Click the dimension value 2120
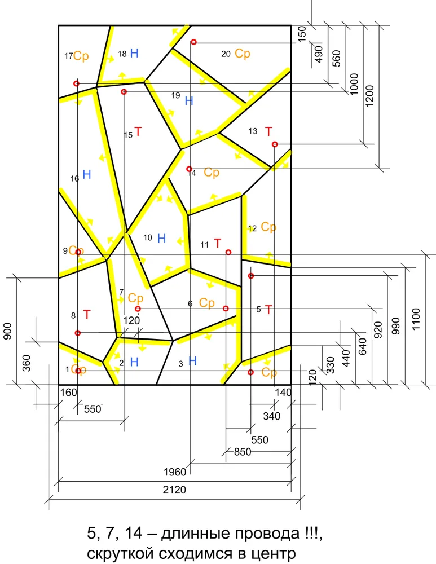(x=174, y=490)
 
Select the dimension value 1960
(x=175, y=472)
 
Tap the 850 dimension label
(x=243, y=451)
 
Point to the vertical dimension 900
(x=8, y=331)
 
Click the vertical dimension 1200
(x=369, y=96)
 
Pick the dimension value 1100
(x=416, y=319)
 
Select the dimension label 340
(x=272, y=416)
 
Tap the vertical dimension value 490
(x=319, y=54)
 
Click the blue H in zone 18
(x=134, y=53)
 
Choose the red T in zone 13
(x=268, y=131)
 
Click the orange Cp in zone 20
(x=242, y=54)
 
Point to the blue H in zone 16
(x=87, y=174)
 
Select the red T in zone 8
(x=87, y=314)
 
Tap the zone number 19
(x=175, y=95)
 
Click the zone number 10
(x=148, y=237)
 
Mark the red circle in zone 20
(x=193, y=42)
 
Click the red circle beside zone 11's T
(x=228, y=252)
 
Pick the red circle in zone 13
(x=275, y=144)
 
